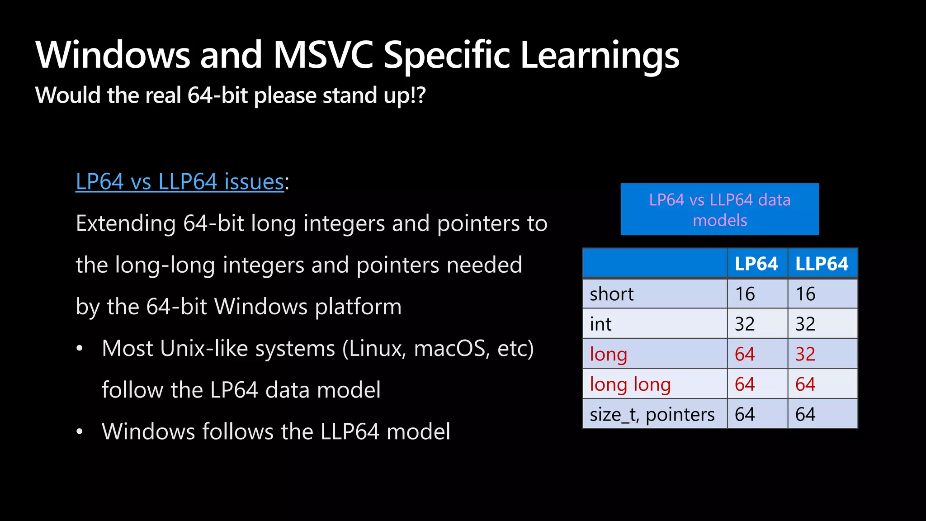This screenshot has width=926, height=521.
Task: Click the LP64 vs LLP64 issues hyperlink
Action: (x=180, y=182)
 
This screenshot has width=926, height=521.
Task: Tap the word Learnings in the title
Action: (x=600, y=55)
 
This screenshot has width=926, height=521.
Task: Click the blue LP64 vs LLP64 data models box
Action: (x=719, y=209)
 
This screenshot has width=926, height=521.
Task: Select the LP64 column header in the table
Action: (x=756, y=264)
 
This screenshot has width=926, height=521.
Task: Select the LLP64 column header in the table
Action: (x=822, y=264)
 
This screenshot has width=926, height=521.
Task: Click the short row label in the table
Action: (x=611, y=294)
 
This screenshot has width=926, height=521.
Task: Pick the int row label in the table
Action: (x=600, y=324)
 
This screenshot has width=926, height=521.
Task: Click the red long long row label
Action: (x=630, y=384)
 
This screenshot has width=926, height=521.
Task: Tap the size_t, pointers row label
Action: (x=652, y=415)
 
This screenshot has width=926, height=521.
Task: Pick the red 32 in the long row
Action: (x=805, y=354)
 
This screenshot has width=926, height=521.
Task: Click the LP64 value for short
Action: (x=745, y=294)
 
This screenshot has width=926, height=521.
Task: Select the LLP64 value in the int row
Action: (x=805, y=324)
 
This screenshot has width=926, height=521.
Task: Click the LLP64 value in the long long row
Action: (x=805, y=384)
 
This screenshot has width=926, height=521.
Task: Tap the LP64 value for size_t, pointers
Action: (x=745, y=415)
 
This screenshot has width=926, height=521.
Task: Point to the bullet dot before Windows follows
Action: (x=80, y=432)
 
